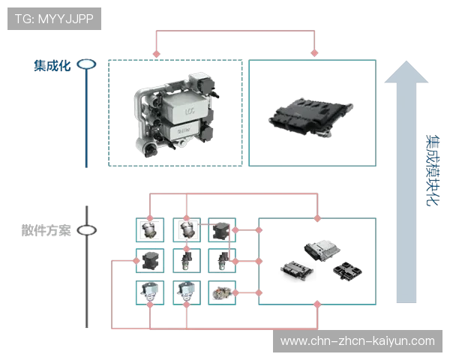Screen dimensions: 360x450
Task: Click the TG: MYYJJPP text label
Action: point(55,19)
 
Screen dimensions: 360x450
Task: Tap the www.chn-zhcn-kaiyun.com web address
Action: point(357,341)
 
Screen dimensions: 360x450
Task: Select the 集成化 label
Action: point(53,65)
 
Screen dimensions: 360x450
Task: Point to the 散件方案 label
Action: point(44,230)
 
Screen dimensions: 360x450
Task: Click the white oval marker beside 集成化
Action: point(86,64)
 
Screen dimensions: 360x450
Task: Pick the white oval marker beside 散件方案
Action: point(86,230)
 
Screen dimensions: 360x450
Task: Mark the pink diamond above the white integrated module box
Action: point(156,53)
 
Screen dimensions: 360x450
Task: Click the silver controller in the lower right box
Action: point(321,250)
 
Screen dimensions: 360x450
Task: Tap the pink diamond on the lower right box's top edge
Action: point(317,217)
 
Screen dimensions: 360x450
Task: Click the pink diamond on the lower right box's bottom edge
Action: point(317,304)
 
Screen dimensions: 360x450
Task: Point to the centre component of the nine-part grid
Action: point(186,260)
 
